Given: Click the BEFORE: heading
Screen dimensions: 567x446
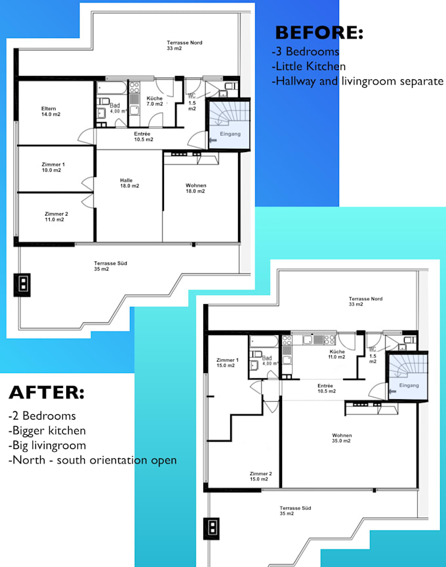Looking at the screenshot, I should [x=319, y=32].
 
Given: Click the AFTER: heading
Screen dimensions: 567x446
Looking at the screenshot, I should [x=47, y=393].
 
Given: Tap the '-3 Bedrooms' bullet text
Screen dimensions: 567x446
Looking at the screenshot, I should [x=305, y=51].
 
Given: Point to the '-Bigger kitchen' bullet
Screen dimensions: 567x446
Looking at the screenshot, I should [x=47, y=431].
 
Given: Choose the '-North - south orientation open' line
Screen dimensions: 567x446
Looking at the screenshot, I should [x=92, y=460].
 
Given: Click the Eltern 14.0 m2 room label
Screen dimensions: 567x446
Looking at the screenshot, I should [x=49, y=111].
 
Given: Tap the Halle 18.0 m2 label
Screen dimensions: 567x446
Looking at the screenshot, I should [x=129, y=183].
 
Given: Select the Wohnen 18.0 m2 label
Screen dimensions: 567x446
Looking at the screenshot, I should [x=195, y=188].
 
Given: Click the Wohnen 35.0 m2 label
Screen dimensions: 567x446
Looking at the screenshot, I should [x=342, y=438].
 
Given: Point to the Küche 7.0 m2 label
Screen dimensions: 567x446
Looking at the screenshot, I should [x=154, y=101].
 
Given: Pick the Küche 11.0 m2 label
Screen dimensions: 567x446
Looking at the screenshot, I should [x=337, y=354].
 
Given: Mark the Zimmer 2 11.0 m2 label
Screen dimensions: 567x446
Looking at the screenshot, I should [x=54, y=217].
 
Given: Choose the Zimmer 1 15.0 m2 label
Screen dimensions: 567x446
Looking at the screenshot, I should [x=228, y=362].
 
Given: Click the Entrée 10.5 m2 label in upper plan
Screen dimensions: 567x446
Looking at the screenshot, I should [x=144, y=136].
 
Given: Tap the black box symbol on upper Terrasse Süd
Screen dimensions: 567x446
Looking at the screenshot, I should [x=23, y=283].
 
